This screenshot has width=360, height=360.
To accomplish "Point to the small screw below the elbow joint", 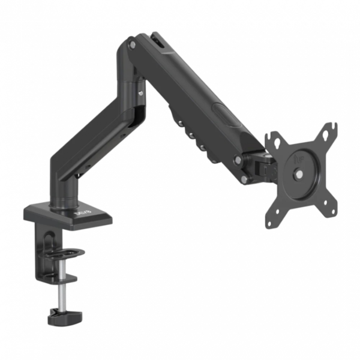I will (142, 93).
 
